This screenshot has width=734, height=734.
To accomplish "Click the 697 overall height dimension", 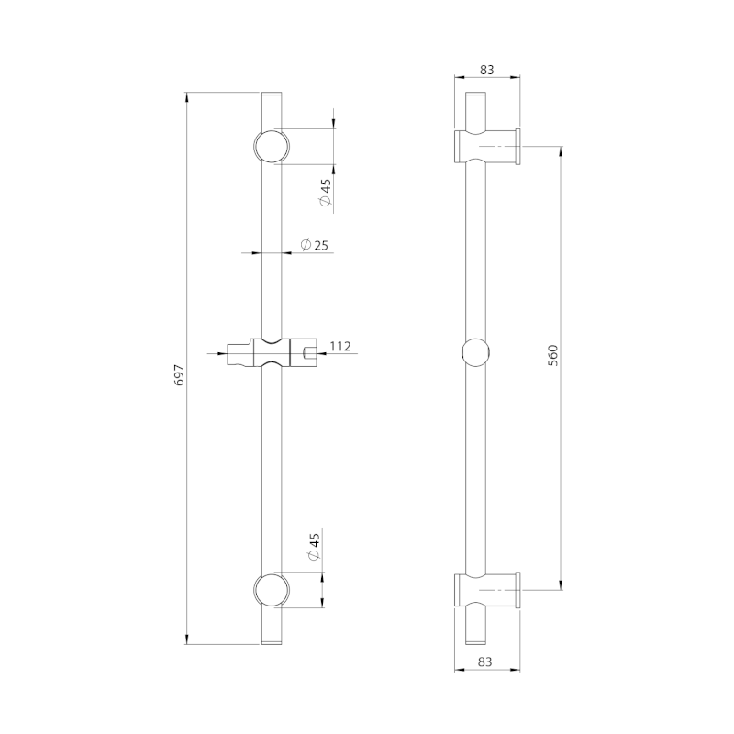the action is (180, 374).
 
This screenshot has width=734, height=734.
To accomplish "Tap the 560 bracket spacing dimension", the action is (553, 355).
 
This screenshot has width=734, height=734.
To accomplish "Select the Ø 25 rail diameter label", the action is (314, 244).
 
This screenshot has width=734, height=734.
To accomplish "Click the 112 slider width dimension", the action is (340, 347).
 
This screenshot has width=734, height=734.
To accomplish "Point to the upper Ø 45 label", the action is (326, 192).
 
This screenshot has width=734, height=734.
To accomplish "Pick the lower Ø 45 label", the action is (314, 546).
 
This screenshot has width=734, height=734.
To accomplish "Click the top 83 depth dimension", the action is (487, 70).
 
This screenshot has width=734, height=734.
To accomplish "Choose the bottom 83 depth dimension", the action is (485, 662).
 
